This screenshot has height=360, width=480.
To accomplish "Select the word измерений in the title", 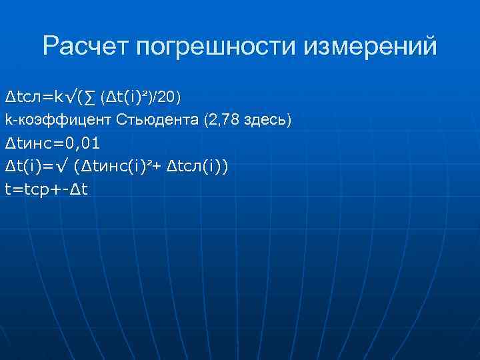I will pyautogui.click(x=371, y=46).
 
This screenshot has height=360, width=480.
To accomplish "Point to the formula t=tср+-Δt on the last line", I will pyautogui.click(x=46, y=189).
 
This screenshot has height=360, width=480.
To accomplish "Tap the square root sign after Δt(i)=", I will pyautogui.click(x=63, y=165).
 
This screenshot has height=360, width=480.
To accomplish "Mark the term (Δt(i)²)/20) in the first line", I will pyautogui.click(x=139, y=97).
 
